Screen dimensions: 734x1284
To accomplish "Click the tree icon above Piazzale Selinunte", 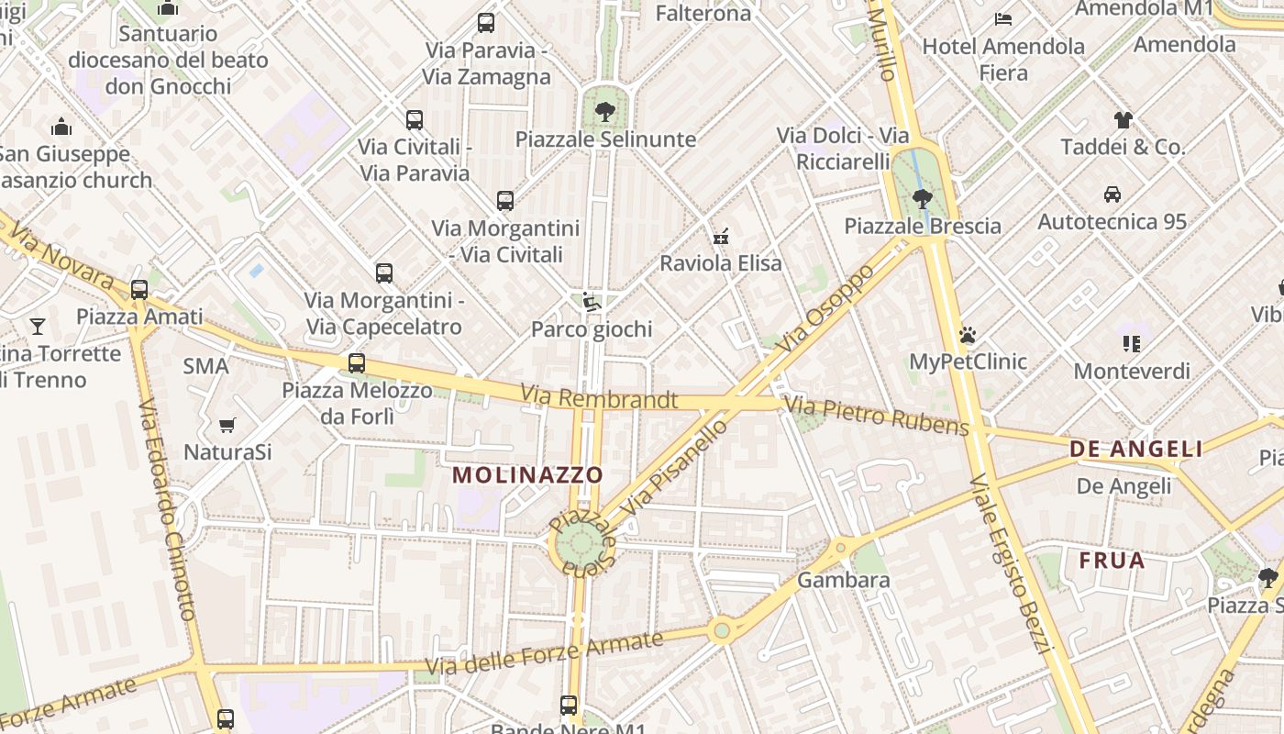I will [x=604, y=113].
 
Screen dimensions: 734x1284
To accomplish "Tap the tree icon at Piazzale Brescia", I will [x=923, y=198].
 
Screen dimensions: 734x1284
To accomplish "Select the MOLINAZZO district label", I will [x=528, y=474].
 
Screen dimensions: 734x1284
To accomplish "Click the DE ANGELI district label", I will [x=1135, y=449].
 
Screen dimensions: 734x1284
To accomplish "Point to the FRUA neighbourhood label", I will [x=1112, y=560].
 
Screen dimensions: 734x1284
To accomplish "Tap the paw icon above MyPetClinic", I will [x=968, y=335].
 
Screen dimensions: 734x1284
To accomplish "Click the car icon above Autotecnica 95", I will [x=1112, y=195].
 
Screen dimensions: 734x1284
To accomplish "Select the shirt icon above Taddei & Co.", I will [x=1123, y=119].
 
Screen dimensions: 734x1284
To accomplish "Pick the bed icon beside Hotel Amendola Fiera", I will [x=1003, y=19].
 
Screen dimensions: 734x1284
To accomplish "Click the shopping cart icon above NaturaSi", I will [x=227, y=425].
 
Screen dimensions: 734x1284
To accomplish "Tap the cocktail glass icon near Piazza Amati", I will [x=37, y=326].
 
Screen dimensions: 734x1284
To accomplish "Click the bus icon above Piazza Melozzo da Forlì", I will [x=357, y=363].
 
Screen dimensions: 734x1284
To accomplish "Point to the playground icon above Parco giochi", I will [x=592, y=302].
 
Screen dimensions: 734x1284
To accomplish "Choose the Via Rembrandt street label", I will [x=600, y=397].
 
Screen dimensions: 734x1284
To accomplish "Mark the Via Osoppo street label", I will [x=828, y=310].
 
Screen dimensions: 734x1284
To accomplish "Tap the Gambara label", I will [x=843, y=580].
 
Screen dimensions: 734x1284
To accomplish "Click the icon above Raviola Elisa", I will [x=722, y=237].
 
